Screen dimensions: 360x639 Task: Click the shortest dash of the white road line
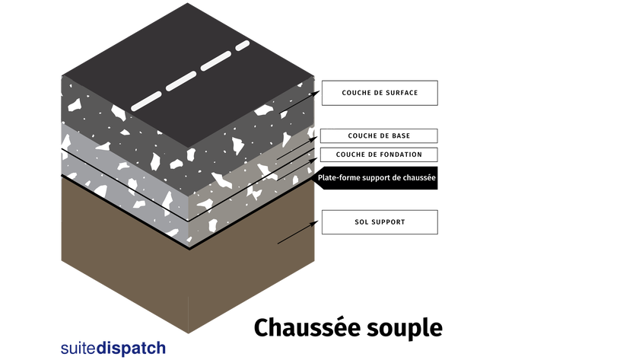[243, 46]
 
